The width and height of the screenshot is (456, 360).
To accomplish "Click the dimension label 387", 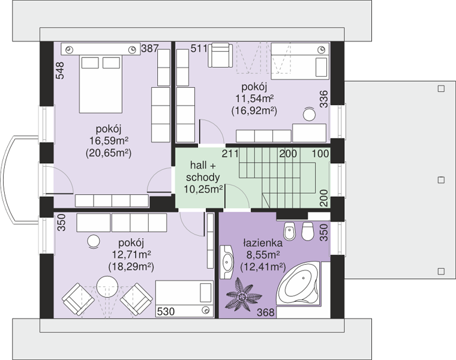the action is click(x=150, y=48).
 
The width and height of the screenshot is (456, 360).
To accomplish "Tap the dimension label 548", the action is click(x=60, y=70).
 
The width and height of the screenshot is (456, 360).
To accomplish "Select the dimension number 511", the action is click(x=199, y=48).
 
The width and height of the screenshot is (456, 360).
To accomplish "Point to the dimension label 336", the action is click(x=323, y=99).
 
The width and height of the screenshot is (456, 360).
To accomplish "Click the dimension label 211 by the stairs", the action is click(x=230, y=153).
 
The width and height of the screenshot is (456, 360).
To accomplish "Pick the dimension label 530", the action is click(x=166, y=311).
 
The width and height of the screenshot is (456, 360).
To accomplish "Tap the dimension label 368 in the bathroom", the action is click(x=266, y=313).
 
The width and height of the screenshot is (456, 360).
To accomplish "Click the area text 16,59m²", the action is click(x=109, y=141).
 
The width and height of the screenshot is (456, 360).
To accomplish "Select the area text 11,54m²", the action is click(x=254, y=98).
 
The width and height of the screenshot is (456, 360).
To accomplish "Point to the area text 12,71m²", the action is click(x=131, y=254).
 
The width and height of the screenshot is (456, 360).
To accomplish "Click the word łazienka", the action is click(x=263, y=243).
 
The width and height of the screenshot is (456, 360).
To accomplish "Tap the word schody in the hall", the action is click(x=203, y=178).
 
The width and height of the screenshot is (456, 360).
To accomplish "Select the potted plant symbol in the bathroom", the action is click(x=242, y=294).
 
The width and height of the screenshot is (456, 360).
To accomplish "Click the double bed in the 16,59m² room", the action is click(x=101, y=84).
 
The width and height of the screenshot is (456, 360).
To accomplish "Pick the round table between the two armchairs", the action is click(x=107, y=286).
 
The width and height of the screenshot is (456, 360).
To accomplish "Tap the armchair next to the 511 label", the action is click(x=220, y=55).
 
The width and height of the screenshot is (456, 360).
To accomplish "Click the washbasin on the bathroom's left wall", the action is click(x=227, y=262).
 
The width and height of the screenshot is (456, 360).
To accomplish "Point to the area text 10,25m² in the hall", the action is click(x=203, y=190).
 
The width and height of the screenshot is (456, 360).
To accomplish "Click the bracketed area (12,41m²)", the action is click(x=263, y=266).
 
